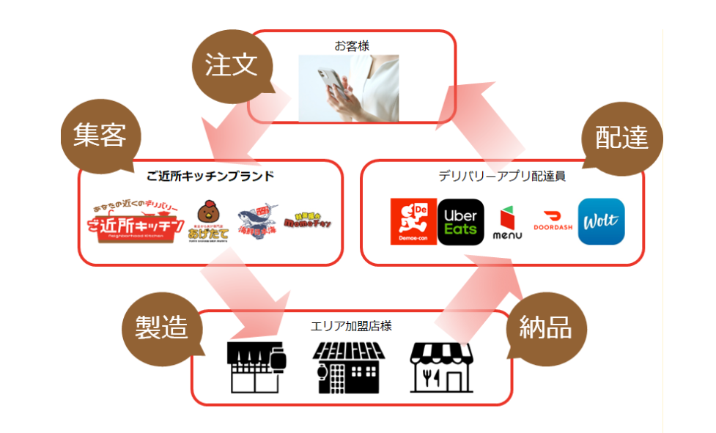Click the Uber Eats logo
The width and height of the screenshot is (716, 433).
[x=460, y=222]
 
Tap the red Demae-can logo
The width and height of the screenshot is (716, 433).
[x=413, y=222]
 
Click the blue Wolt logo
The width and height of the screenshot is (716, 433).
[x=601, y=221]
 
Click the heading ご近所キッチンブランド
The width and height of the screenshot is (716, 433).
[x=210, y=176]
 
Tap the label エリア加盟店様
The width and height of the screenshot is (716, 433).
[x=351, y=325]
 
